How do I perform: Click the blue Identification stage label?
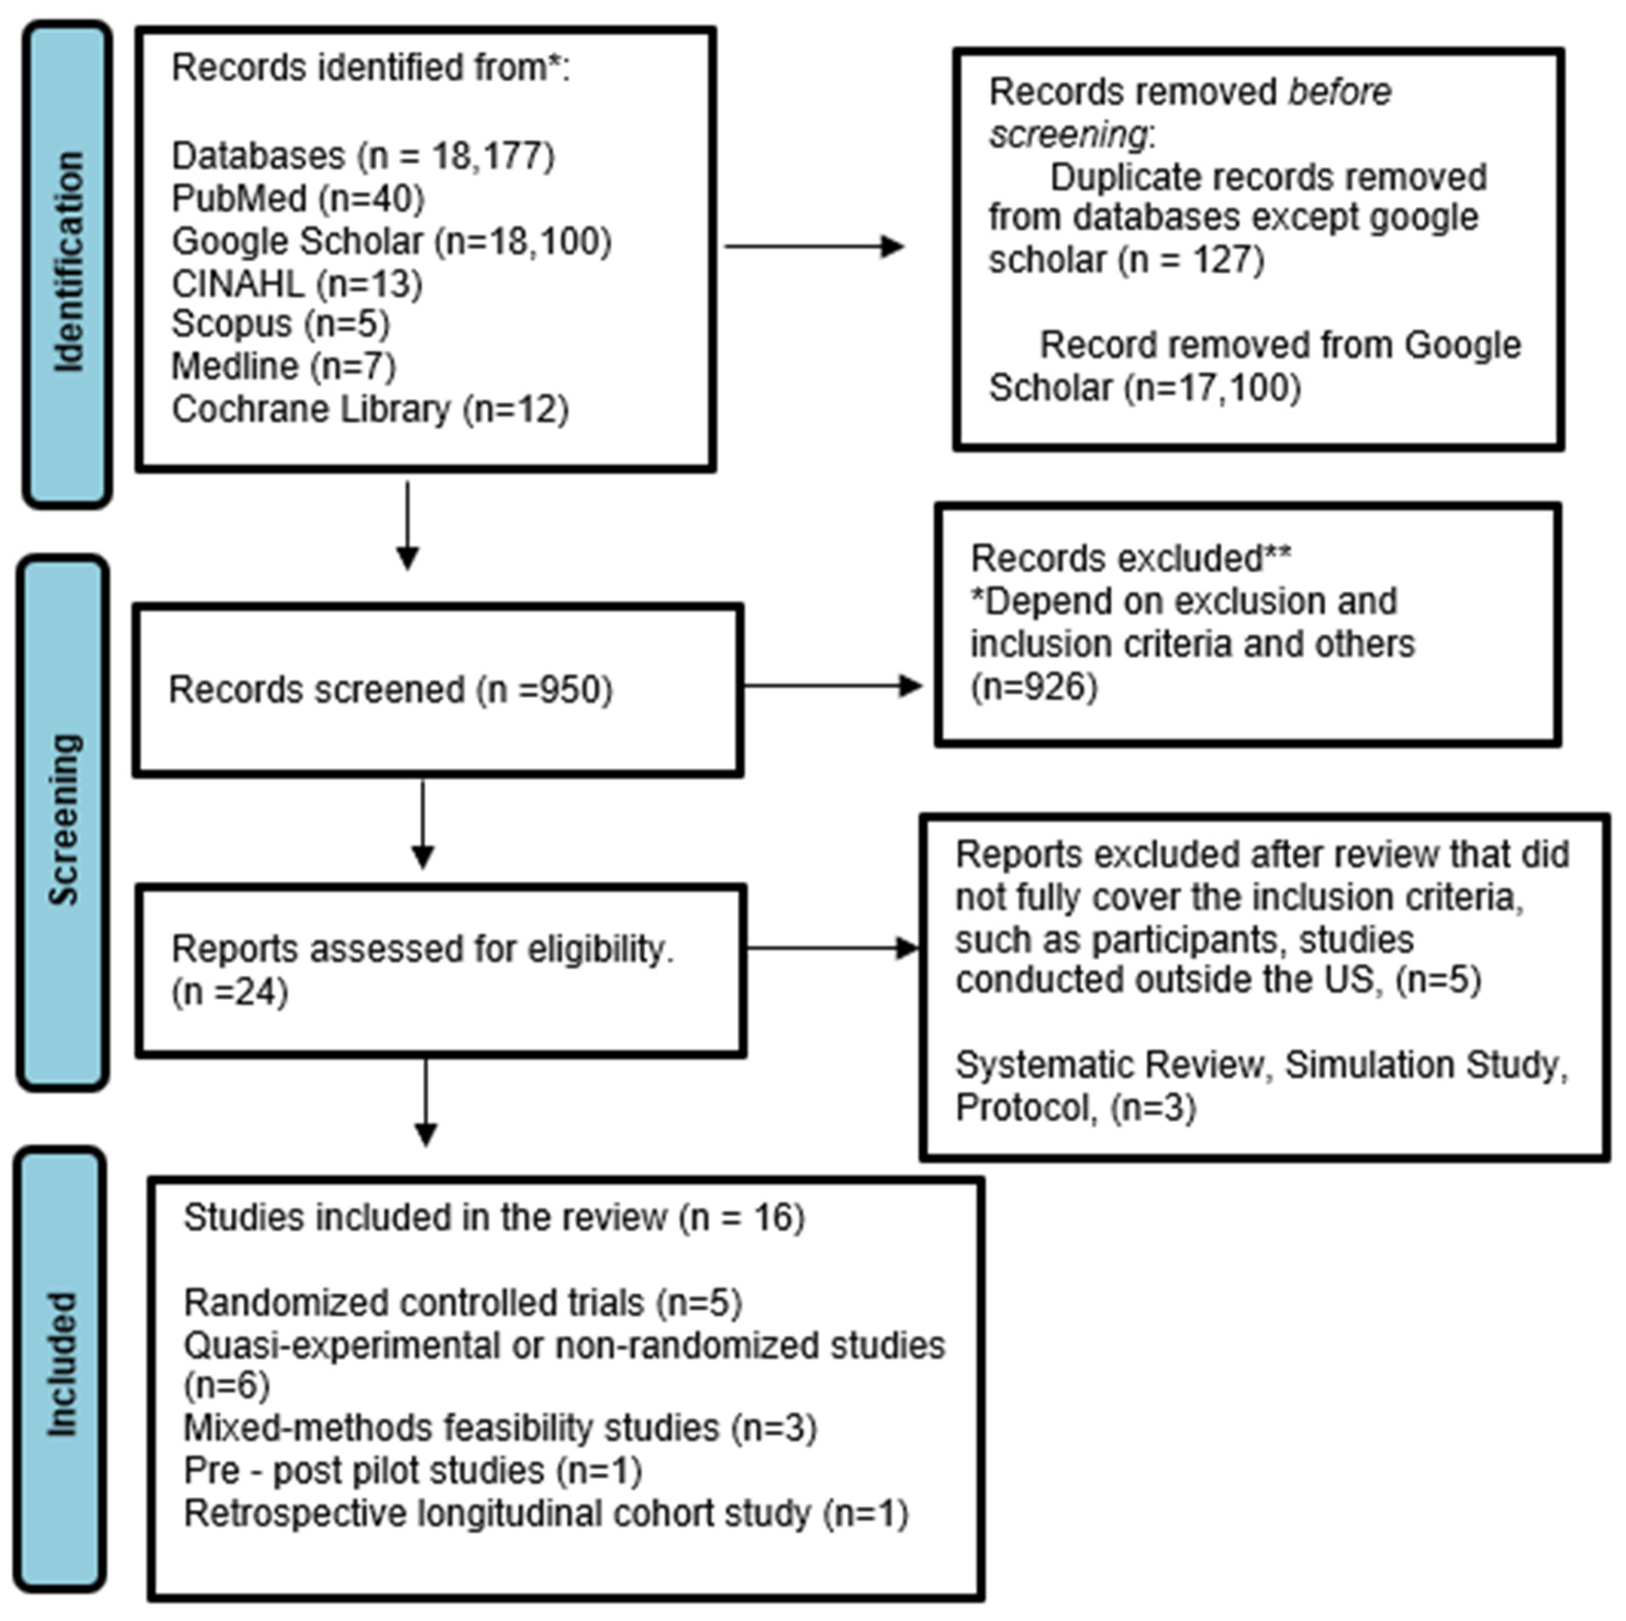[x=68, y=264]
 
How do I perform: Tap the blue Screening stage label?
[x=63, y=822]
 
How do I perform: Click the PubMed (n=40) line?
[x=298, y=199]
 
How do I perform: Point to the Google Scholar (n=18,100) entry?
[x=392, y=242]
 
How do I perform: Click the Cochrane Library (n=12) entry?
[x=370, y=410]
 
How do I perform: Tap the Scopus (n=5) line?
[x=280, y=324]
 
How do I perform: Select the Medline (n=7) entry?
[x=283, y=367]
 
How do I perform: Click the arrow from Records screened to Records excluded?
[x=832, y=686]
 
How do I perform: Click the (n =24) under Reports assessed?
[x=230, y=992]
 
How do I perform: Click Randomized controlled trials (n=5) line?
[x=462, y=1303]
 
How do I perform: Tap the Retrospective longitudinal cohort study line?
[x=545, y=1513]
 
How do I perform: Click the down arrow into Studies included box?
[x=426, y=1103]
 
